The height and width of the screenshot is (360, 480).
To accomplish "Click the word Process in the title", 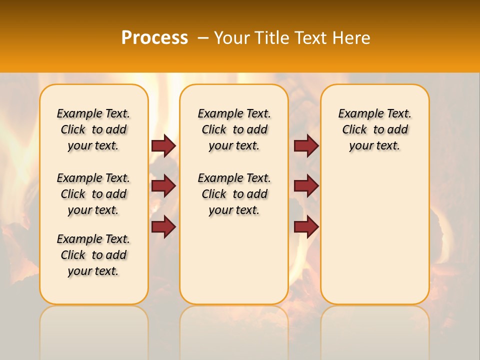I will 154,38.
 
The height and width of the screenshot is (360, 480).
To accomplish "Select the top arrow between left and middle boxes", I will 163,146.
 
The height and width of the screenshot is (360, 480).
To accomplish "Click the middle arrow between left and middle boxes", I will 163,186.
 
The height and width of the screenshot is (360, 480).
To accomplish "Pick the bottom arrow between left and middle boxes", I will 163,227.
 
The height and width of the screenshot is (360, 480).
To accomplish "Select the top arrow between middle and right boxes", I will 306,146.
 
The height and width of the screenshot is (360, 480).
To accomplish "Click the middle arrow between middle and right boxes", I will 306,186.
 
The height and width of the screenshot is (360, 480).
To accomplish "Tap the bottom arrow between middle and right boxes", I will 306,227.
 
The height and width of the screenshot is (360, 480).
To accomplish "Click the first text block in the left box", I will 93,129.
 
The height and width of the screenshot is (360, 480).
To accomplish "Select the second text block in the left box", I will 93,194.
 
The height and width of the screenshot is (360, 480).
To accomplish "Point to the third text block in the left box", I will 93,255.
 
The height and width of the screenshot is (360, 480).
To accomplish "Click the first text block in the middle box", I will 234,129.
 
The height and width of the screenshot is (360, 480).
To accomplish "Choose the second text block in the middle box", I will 234,194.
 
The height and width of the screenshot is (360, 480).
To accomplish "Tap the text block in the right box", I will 374,129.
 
